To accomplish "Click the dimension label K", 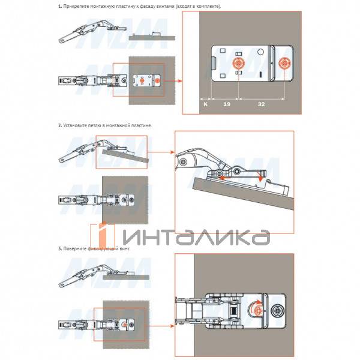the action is (205, 104).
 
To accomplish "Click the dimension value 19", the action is (227, 104).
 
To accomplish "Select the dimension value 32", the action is (261, 104).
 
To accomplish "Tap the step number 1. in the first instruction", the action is (60, 6).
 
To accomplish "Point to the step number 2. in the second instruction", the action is (60, 125).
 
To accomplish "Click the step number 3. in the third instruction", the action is (60, 248).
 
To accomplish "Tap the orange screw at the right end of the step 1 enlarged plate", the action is (284, 64).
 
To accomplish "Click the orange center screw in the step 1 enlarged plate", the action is (239, 64).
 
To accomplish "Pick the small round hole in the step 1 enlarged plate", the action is (260, 52).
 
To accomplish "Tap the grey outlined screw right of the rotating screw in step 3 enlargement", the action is (277, 311).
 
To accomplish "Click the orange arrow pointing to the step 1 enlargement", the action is (173, 81).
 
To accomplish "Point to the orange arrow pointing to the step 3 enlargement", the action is (160, 326).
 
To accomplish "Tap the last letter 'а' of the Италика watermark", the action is (262, 237).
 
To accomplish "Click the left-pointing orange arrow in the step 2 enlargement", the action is (225, 178).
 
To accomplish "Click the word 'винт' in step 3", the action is (125, 248).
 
